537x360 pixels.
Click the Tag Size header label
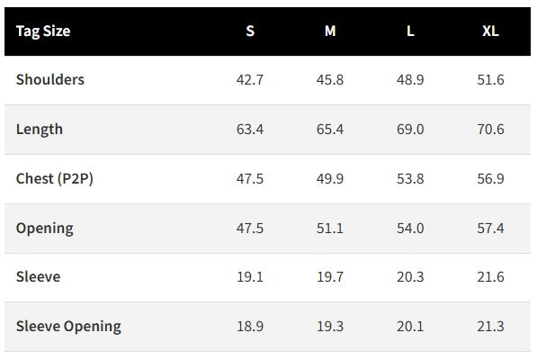[x=43, y=31]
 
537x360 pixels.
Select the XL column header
[x=490, y=31]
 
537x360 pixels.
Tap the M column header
[x=330, y=31]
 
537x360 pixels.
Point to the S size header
[x=250, y=31]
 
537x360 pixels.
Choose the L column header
[x=410, y=31]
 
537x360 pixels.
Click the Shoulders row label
[x=50, y=79]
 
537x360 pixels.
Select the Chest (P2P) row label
[x=55, y=178]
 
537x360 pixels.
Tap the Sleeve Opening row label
[x=68, y=326]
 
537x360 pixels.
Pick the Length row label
[x=40, y=130]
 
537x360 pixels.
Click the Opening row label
[x=44, y=229]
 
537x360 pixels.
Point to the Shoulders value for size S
[x=250, y=80]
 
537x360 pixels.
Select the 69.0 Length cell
[x=410, y=130]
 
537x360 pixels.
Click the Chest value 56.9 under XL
[x=490, y=179]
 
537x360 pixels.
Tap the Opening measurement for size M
[x=330, y=229]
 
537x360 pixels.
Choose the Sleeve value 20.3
[x=410, y=277]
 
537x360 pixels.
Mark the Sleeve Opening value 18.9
[x=250, y=327]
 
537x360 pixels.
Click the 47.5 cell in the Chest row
[x=250, y=179]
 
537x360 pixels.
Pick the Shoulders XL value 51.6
[x=490, y=80]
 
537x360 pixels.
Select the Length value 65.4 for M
[x=330, y=130]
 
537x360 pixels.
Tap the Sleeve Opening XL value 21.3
[x=490, y=327]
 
